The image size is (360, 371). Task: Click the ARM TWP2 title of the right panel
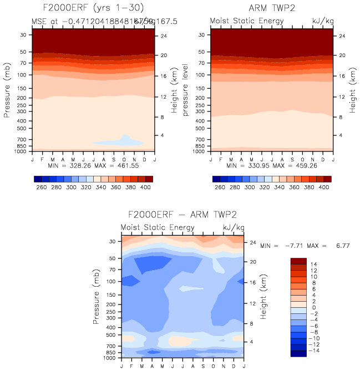click(271, 8)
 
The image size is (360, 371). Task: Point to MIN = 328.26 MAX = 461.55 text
click(92, 165)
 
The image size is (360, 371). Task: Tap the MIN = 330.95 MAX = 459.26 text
click(271, 165)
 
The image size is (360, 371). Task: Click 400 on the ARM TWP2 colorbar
click(324, 187)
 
